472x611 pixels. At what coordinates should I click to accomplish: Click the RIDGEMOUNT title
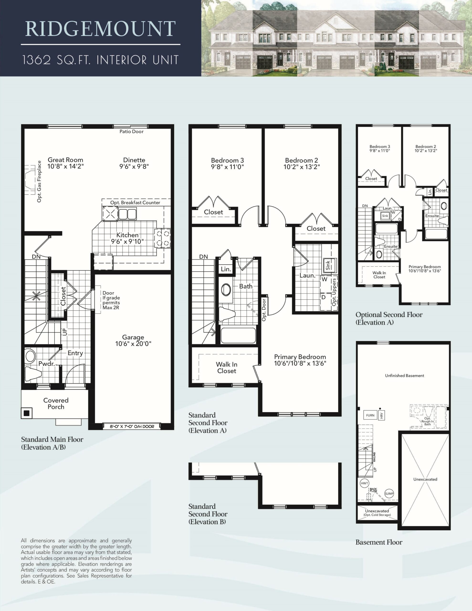tap(100, 29)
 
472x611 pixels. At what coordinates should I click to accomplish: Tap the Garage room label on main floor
tap(133, 337)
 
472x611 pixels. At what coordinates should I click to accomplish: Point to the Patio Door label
tap(131, 132)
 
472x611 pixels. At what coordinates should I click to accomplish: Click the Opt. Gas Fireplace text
tap(39, 181)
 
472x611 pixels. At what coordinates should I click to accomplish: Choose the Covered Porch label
tap(56, 403)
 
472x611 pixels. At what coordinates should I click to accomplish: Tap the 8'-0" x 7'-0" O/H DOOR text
tap(132, 427)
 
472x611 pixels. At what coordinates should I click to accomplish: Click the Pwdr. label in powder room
tap(47, 364)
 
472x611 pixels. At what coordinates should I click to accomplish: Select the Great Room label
tap(65, 160)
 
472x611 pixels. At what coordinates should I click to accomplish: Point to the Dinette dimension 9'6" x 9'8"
tap(134, 166)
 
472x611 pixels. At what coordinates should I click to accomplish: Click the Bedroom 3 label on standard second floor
tap(227, 160)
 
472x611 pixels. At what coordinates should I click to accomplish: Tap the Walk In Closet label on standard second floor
tap(227, 368)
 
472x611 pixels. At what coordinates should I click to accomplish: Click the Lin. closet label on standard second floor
tap(226, 269)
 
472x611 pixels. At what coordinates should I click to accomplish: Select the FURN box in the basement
tap(370, 415)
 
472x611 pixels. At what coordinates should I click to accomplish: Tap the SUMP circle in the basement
tap(389, 494)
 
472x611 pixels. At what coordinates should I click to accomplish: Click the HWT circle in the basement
tap(364, 483)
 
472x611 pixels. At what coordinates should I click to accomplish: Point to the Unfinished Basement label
tap(404, 375)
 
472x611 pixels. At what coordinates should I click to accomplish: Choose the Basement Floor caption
tap(379, 542)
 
